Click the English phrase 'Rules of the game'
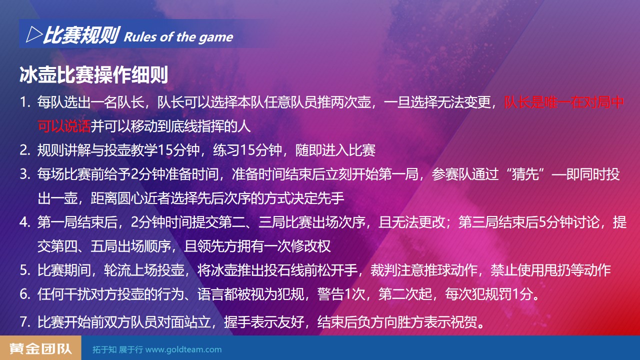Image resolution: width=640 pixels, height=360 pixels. coord(178,37)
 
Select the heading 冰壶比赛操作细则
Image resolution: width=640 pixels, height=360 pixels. coord(93,75)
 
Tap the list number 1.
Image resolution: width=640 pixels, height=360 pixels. coord(25,102)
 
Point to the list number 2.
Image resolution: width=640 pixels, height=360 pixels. coord(25,150)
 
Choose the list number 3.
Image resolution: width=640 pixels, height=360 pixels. coord(25,174)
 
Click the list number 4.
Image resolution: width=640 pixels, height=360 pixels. coord(25,222)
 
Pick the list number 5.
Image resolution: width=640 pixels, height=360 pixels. coord(25,270)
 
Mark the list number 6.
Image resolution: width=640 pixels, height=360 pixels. coord(25,294)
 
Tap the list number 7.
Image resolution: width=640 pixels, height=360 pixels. coord(25,322)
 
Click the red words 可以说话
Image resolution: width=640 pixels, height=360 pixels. coord(64,126)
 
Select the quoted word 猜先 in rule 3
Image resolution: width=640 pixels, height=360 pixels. coord(525,174)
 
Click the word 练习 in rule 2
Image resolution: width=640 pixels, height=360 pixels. coord(226,150)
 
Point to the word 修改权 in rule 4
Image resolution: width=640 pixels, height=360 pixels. coord(310,246)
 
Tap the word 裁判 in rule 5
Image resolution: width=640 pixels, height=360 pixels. coord(383,270)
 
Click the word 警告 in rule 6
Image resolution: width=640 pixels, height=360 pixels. coord(330,294)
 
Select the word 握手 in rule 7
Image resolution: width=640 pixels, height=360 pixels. coord(237,322)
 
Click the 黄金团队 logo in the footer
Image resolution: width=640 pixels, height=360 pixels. coord(40,348)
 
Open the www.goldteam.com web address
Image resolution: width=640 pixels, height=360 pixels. coord(183,349)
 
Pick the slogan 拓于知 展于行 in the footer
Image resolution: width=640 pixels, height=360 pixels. coord(117,349)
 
